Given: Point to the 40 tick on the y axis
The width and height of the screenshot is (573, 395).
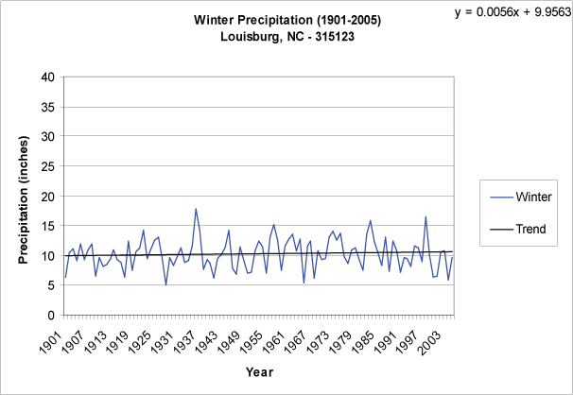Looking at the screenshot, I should [x=46, y=77].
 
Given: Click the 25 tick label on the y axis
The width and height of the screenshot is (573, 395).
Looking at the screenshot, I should [x=46, y=166].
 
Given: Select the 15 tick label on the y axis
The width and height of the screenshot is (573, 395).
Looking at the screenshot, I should [x=46, y=226].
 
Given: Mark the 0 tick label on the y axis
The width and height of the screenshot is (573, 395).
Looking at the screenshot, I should [x=50, y=316].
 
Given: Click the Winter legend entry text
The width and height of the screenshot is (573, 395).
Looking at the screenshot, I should [x=535, y=197].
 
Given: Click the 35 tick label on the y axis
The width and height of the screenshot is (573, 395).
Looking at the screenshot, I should [x=46, y=107].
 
